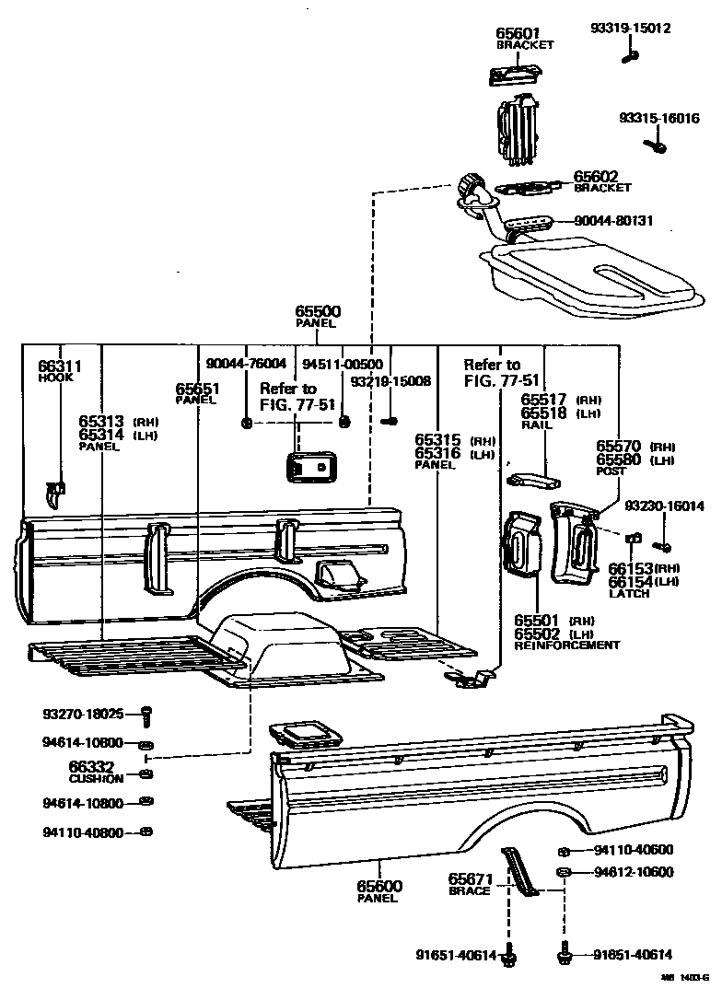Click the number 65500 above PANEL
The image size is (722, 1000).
[316, 311]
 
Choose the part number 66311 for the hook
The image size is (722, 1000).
[60, 366]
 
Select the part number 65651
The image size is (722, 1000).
[196, 389]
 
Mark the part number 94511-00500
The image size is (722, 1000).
[343, 364]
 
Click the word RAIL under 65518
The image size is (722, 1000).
[534, 425]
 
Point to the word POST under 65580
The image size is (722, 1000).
[610, 471]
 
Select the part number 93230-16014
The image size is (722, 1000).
[664, 506]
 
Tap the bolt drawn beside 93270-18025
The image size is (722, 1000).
[146, 714]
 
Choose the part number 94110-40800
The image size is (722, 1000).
[82, 832]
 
